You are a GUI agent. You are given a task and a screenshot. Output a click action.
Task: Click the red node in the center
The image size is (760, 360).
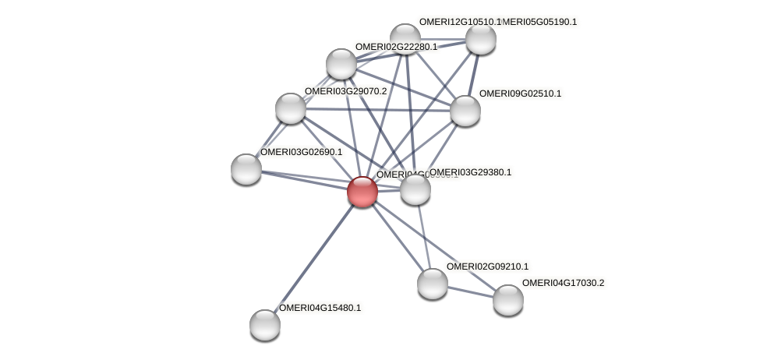click(x=362, y=191)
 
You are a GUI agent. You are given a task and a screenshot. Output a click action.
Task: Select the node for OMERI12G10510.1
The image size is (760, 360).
click(x=405, y=38)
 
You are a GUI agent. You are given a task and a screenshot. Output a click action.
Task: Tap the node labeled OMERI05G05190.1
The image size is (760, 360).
click(x=480, y=39)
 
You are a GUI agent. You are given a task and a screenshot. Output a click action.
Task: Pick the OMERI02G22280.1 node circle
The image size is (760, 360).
click(x=341, y=64)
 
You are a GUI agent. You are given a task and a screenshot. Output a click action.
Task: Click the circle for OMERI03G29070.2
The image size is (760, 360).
click(x=291, y=108)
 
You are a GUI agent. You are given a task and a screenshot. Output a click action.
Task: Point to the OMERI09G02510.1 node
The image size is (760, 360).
click(x=465, y=111)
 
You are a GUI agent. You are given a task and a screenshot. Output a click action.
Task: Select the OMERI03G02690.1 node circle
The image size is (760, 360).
click(x=246, y=168)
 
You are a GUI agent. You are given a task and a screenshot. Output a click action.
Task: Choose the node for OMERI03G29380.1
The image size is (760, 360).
click(x=415, y=189)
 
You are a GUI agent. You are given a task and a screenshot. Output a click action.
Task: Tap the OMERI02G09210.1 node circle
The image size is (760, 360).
click(x=432, y=284)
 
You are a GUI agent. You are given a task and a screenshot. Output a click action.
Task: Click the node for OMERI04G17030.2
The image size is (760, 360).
click(x=507, y=300)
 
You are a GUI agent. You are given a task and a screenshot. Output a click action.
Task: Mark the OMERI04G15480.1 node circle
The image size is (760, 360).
click(x=265, y=324)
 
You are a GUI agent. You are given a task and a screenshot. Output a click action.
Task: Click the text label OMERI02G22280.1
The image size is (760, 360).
click(x=396, y=48)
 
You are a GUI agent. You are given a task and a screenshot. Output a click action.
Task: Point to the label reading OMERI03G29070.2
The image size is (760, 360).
click(x=345, y=92)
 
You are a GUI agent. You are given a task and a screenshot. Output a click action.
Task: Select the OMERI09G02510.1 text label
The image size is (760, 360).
click(x=519, y=94)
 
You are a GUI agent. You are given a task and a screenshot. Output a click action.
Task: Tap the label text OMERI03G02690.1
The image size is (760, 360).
click(x=301, y=152)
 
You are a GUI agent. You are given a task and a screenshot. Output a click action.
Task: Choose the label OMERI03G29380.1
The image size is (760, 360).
click(x=470, y=172)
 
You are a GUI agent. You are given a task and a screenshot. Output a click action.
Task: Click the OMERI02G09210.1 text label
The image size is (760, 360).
click(x=486, y=266)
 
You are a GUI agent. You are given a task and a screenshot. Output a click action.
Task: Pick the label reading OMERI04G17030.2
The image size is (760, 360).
click(x=563, y=283)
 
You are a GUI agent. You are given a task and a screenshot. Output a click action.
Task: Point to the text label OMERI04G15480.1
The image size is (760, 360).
click(x=320, y=308)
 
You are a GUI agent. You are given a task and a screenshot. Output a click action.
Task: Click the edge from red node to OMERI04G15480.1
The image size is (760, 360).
click(x=313, y=258)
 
